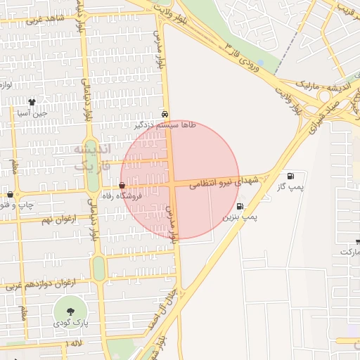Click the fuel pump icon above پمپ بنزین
click(240, 207)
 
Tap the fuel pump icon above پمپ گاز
click(290, 176)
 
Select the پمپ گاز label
click(290, 187)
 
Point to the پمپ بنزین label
click(240, 218)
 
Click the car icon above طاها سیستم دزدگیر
click(165, 113)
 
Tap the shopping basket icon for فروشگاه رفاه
click(122, 186)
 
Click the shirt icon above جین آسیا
click(32, 102)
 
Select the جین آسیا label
click(32, 112)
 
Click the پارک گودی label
click(70, 323)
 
